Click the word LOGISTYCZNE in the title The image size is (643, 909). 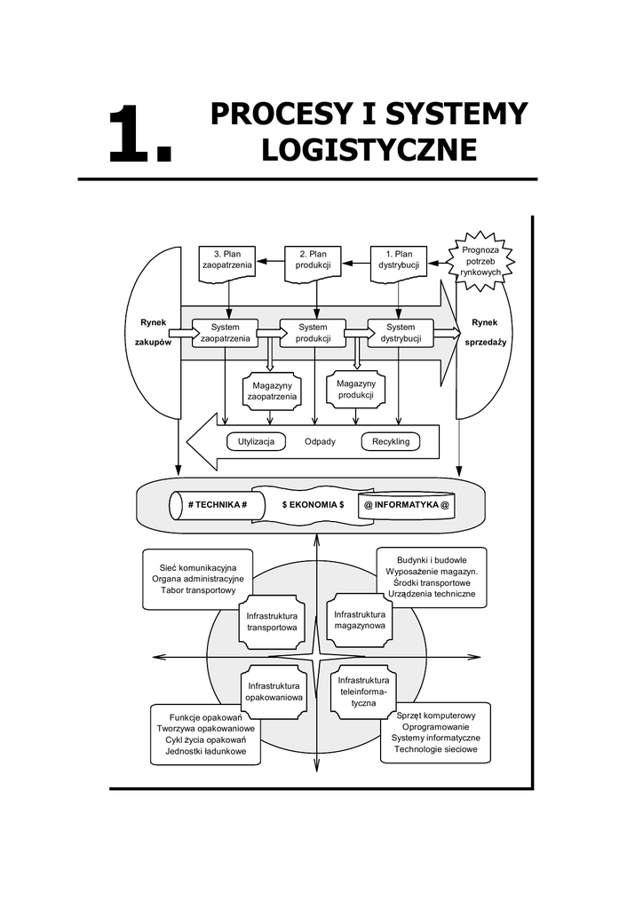pyautogui.click(x=369, y=149)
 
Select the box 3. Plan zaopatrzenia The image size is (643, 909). pyautogui.click(x=226, y=261)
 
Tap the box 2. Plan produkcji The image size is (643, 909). pyautogui.click(x=313, y=261)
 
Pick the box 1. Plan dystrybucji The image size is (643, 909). pyautogui.click(x=398, y=261)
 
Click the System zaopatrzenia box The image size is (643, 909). pyautogui.click(x=226, y=333)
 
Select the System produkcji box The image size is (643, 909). pyautogui.click(x=313, y=333)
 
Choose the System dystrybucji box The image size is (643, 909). pyautogui.click(x=401, y=333)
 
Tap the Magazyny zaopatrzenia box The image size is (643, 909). pyautogui.click(x=272, y=391)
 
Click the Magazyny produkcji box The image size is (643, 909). pyautogui.click(x=356, y=389)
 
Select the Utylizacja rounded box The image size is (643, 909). pyautogui.click(x=257, y=441)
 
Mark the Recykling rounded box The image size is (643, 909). pyautogui.click(x=391, y=441)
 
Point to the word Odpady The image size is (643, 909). pyautogui.click(x=320, y=441)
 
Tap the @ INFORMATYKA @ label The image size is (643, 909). pyautogui.click(x=406, y=504)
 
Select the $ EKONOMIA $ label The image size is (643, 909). pyautogui.click(x=313, y=504)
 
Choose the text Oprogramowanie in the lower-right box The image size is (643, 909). pyautogui.click(x=435, y=727)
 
